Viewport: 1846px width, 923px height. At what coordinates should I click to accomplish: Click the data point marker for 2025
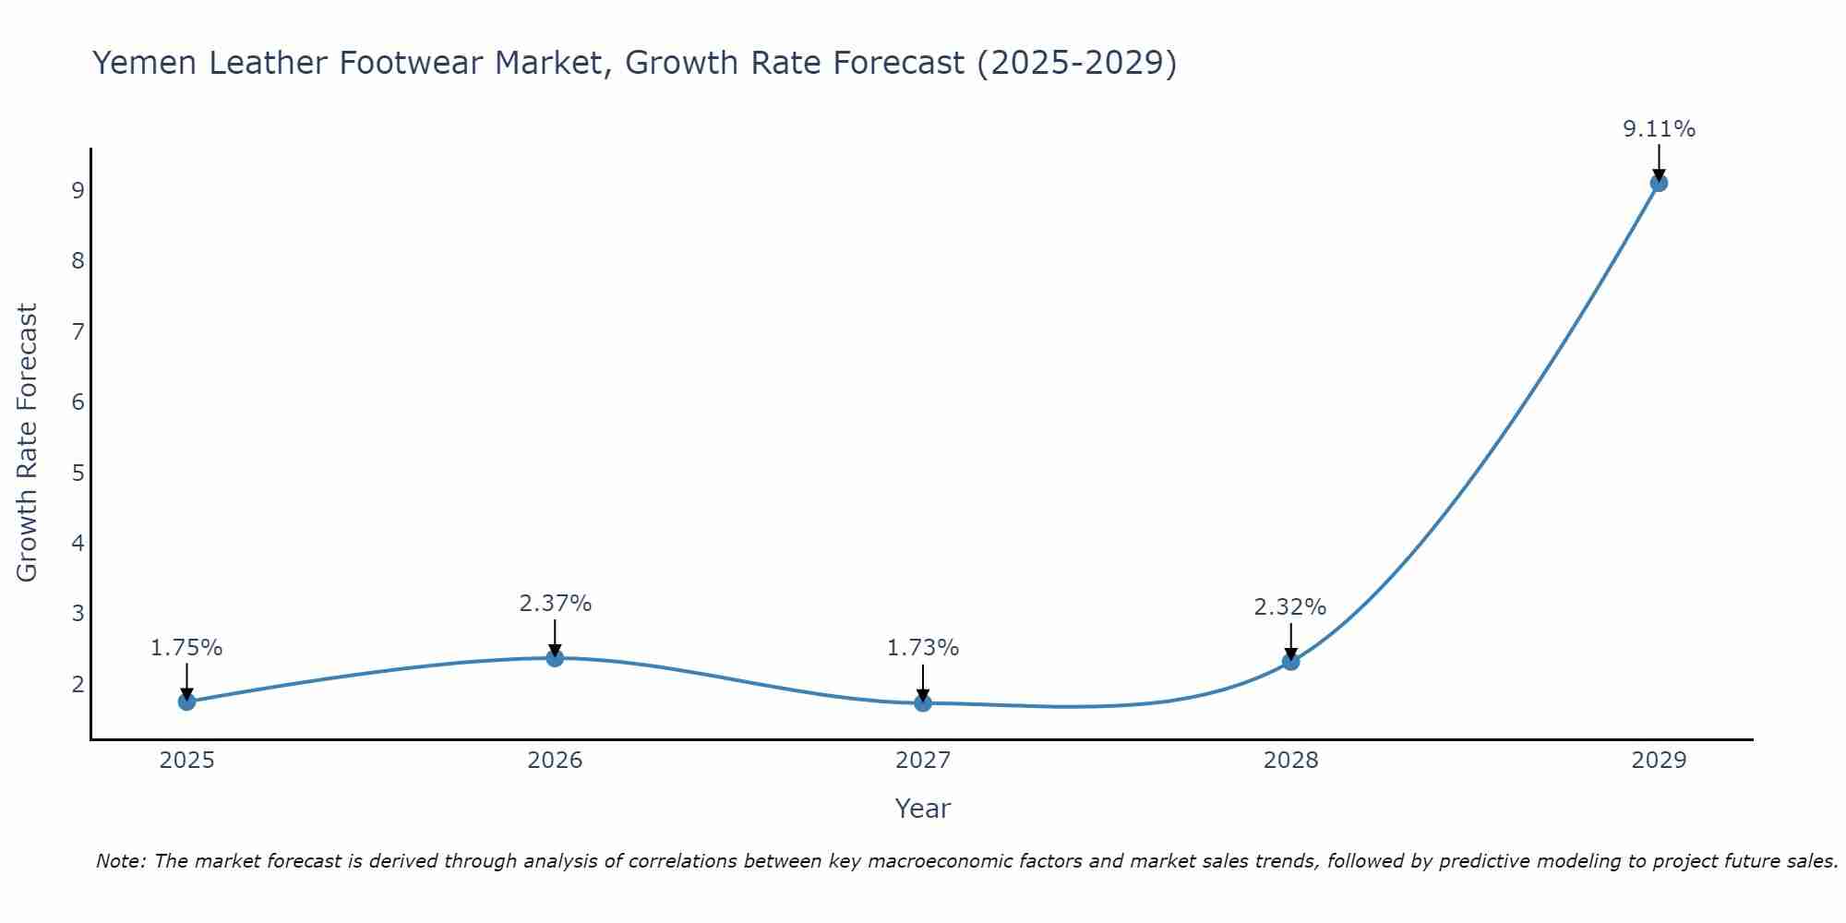point(186,701)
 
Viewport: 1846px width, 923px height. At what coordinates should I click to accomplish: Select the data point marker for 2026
point(555,658)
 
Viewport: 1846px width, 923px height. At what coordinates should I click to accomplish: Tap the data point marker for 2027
point(923,703)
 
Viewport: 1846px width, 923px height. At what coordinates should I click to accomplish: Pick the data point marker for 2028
point(1290,662)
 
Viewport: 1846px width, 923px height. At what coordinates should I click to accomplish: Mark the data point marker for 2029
point(1659,183)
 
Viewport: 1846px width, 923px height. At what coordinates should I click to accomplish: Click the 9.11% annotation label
point(1659,129)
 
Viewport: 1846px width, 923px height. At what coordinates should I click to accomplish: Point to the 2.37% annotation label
point(555,604)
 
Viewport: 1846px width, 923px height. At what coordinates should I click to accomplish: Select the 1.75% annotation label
point(186,648)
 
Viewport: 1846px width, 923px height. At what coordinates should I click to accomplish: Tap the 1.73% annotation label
point(923,648)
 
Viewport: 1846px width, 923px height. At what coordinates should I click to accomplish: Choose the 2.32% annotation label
point(1290,607)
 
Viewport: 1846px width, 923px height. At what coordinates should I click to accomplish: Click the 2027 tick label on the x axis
point(923,761)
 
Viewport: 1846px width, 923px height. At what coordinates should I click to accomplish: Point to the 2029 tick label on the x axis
point(1659,761)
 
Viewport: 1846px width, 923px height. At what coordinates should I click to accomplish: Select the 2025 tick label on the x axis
point(186,761)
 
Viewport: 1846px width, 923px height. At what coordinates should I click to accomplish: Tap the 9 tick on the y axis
point(78,191)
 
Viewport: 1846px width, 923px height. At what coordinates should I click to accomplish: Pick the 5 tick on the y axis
point(78,473)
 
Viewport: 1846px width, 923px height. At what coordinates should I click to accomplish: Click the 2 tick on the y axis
point(78,685)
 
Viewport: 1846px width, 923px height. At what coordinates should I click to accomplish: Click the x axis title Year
point(923,809)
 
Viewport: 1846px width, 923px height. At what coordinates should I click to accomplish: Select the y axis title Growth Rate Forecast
point(28,443)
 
